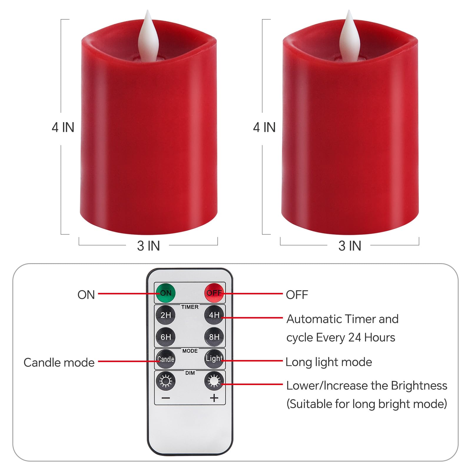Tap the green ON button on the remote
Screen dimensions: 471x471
tap(165, 293)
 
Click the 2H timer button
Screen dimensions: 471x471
tap(165, 315)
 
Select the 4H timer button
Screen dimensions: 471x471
tap(214, 315)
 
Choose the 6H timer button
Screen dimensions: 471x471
tap(165, 337)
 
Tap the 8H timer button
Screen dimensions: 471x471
tap(214, 337)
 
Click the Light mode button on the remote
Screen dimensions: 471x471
tap(214, 359)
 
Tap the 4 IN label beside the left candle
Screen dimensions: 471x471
tap(63, 127)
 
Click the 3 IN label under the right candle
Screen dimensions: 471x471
tap(350, 246)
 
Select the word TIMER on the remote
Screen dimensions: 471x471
tap(190, 307)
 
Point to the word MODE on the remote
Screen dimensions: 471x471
tap(190, 351)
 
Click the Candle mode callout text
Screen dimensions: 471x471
tap(59, 363)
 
